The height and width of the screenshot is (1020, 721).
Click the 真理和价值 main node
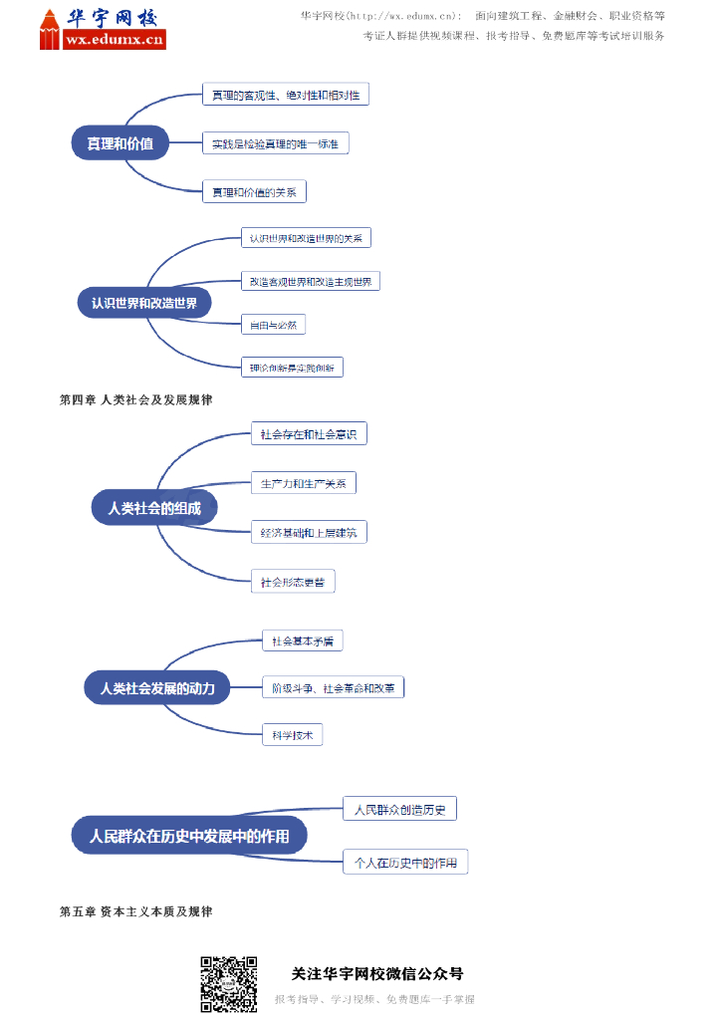click(120, 143)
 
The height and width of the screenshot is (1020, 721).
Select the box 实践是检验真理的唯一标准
click(275, 144)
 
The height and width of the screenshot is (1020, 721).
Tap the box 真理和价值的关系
click(254, 192)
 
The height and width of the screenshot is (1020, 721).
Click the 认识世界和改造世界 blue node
click(144, 303)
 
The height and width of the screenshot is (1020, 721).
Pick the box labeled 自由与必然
click(273, 325)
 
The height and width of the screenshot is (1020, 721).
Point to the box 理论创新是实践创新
click(292, 368)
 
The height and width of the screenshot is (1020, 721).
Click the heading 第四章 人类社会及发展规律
click(136, 399)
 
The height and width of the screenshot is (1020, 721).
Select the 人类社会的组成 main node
click(154, 508)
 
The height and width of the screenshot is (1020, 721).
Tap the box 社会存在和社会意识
click(309, 433)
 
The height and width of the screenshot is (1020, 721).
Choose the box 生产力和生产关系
click(303, 483)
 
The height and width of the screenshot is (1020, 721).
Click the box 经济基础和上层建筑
click(308, 532)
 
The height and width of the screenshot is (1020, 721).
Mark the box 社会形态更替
click(293, 581)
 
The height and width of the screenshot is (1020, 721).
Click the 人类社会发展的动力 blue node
click(157, 688)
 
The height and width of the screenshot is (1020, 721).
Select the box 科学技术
click(292, 735)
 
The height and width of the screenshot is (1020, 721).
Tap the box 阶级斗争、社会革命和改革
click(333, 688)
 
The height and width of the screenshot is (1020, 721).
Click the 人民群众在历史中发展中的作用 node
click(189, 836)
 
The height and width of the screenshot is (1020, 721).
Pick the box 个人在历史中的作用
click(405, 863)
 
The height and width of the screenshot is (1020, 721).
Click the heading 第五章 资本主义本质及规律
click(136, 911)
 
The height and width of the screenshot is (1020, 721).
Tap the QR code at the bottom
click(229, 984)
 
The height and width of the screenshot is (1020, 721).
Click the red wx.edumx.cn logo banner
click(114, 40)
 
